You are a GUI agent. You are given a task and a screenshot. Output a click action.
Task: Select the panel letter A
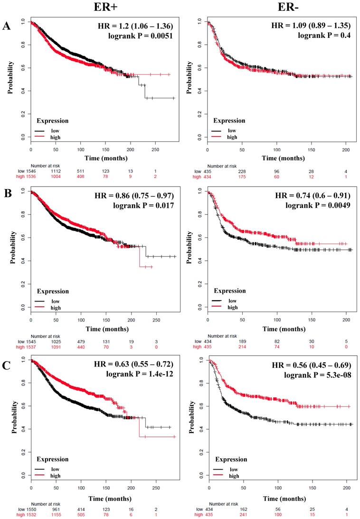7,27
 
